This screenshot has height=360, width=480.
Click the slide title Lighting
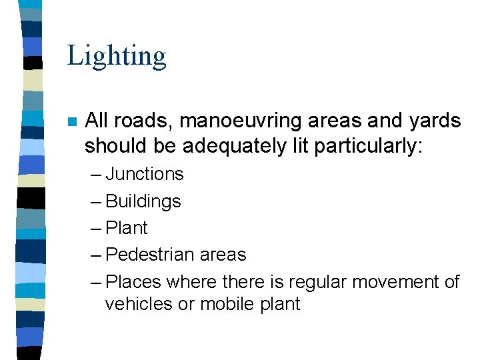point(117,56)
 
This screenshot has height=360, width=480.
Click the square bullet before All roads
point(72,122)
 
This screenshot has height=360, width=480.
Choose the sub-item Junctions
point(144,175)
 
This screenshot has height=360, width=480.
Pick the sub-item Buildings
point(143,201)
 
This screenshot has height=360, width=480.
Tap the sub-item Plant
point(127,228)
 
